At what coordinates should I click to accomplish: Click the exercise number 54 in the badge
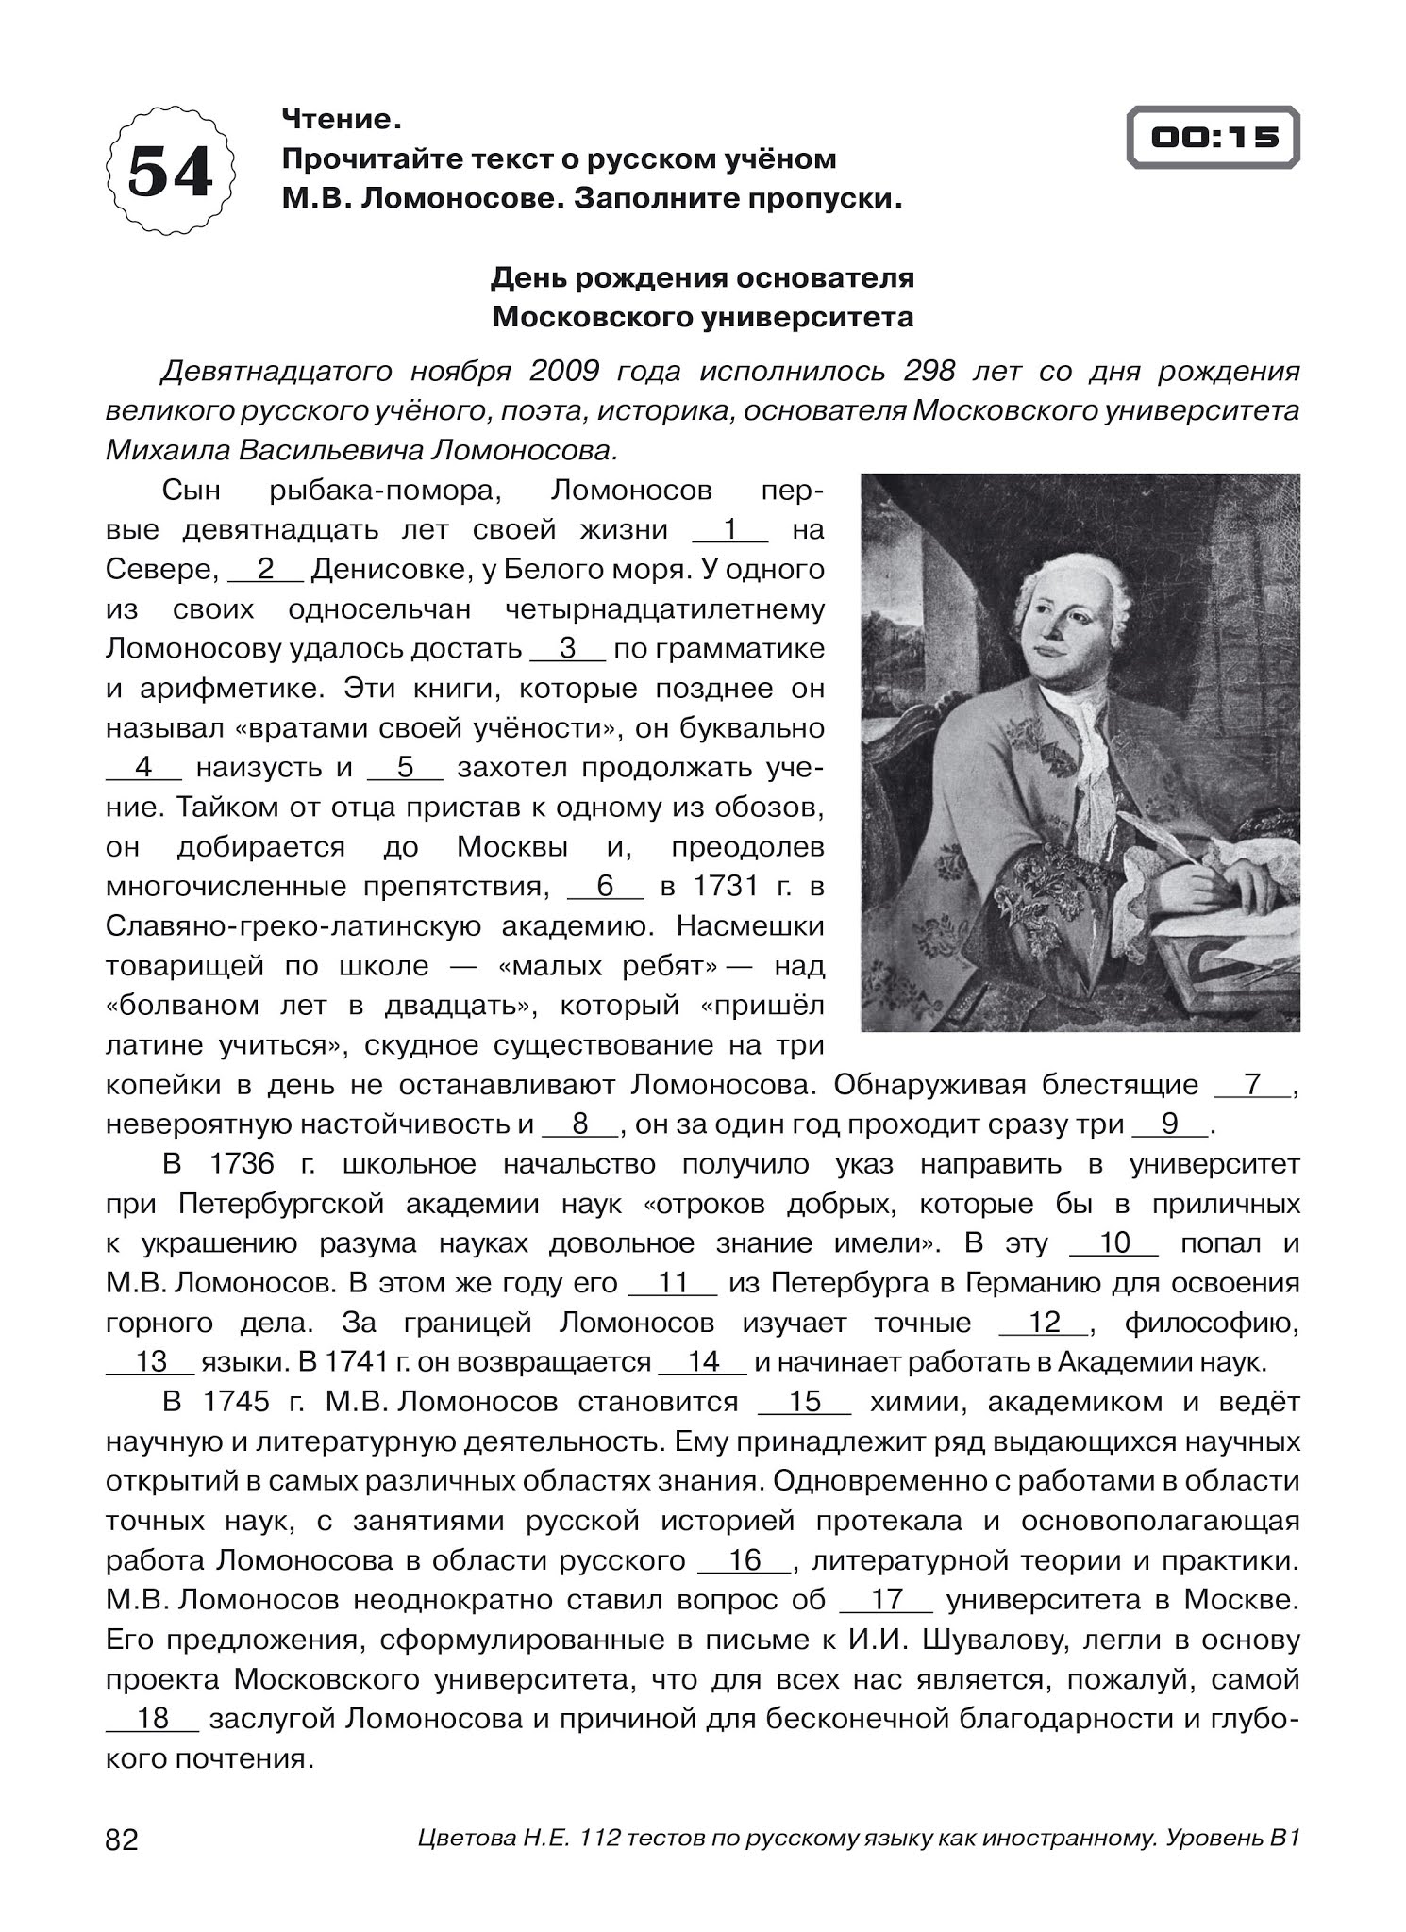click(x=171, y=172)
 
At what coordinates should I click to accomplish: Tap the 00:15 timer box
click(x=1214, y=138)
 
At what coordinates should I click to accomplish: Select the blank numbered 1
click(x=730, y=530)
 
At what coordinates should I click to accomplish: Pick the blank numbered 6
click(x=605, y=887)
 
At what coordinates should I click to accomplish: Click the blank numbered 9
click(x=1170, y=1124)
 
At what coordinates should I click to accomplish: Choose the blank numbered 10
click(x=1113, y=1243)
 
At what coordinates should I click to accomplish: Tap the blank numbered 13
click(x=150, y=1362)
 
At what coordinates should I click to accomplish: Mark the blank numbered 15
click(x=805, y=1402)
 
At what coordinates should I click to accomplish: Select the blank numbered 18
click(x=152, y=1719)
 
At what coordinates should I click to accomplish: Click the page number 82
click(x=122, y=1840)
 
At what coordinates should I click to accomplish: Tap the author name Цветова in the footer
click(x=463, y=1839)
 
